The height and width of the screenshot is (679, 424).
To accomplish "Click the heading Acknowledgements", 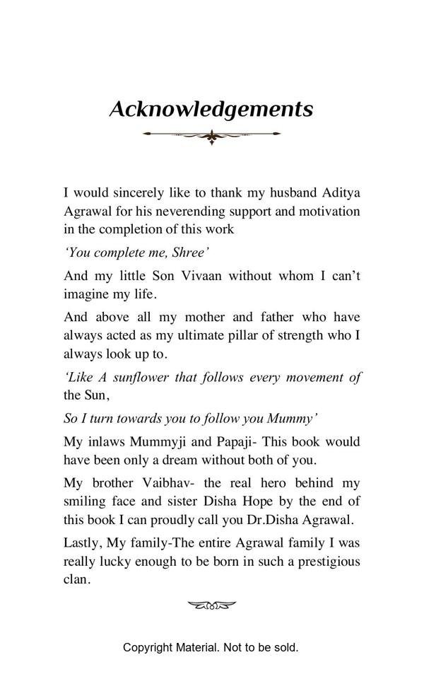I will pyautogui.click(x=211, y=110).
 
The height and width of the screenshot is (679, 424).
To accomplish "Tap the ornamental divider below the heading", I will pyautogui.click(x=211, y=134).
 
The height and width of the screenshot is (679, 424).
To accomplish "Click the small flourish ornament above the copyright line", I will pyautogui.click(x=211, y=605).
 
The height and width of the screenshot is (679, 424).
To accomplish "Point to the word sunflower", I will pyautogui.click(x=141, y=377).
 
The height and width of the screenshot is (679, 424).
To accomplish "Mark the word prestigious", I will pyautogui.click(x=324, y=561).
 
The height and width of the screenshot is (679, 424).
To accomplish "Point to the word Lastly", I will pyautogui.click(x=83, y=542).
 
